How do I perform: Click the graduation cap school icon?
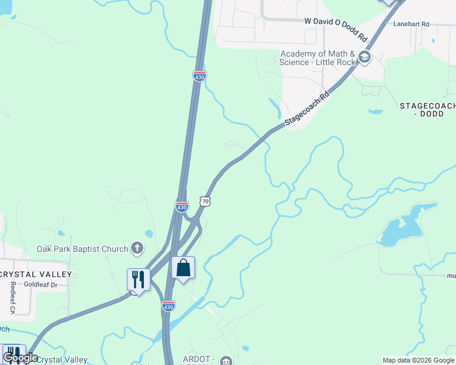pos(365,58)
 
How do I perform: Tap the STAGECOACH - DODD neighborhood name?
pos(427,109)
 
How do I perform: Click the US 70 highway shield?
pos(205,200)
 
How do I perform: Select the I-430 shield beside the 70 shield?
pos(182,207)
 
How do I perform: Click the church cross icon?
pos(137,248)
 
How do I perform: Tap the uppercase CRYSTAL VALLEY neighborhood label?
pos(35,274)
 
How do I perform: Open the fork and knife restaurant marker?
pos(138,280)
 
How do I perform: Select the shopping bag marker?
pos(183,268)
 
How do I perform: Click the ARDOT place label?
pos(200,360)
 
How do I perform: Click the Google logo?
pos(20,358)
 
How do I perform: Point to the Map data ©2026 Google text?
pos(419,360)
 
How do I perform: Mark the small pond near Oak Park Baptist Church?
pos(149,233)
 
